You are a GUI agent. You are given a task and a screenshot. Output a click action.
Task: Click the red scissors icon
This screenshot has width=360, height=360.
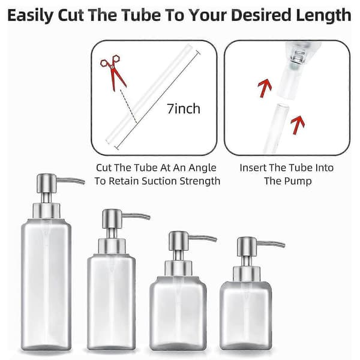pyautogui.click(x=113, y=71)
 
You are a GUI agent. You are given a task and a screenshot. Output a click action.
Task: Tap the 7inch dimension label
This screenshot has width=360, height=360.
pyautogui.click(x=184, y=109)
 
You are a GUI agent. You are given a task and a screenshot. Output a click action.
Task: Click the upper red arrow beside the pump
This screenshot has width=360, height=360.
pyautogui.click(x=265, y=88)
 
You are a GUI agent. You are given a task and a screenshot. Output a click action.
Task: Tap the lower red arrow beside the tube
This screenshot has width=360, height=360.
pyautogui.click(x=298, y=125)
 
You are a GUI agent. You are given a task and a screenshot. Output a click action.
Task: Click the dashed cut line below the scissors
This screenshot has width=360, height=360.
pyautogui.click(x=128, y=106)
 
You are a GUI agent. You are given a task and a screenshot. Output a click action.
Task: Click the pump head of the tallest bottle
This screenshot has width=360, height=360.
pyautogui.click(x=47, y=183)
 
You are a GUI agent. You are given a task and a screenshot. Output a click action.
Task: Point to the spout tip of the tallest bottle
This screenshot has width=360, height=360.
pyautogui.click(x=83, y=182)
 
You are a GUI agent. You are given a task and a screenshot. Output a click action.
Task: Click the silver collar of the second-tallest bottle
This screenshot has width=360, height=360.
pyautogui.click(x=112, y=246)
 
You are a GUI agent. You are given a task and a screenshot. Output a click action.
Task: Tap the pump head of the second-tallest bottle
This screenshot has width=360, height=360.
pyautogui.click(x=112, y=218)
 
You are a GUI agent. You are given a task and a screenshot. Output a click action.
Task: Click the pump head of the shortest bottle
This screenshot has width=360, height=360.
pyautogui.click(x=247, y=247)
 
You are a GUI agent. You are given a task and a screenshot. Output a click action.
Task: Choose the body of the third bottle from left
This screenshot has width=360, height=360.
pyautogui.click(x=178, y=313)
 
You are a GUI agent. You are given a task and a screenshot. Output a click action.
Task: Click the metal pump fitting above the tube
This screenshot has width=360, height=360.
pyautogui.click(x=298, y=58)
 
